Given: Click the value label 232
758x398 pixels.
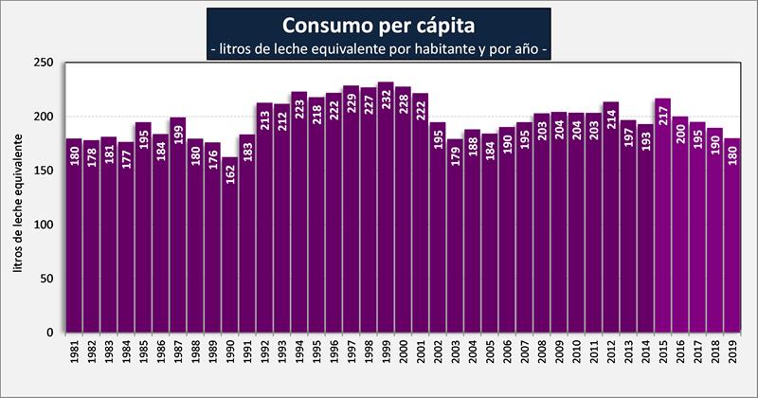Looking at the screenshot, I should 386,103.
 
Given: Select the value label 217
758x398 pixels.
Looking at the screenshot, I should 661,118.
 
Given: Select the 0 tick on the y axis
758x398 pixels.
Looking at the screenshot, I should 53,333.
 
